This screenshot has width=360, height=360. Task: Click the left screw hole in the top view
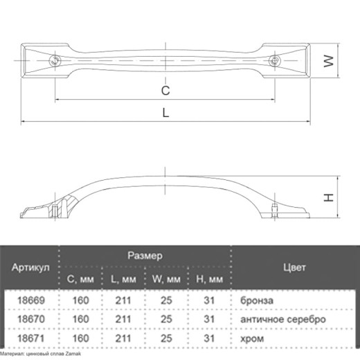55,61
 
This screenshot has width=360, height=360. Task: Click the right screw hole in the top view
275,61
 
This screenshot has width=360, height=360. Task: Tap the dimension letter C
165,91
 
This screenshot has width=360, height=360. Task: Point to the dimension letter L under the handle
165,113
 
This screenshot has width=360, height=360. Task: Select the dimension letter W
329,61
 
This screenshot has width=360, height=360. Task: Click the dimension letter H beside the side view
329,198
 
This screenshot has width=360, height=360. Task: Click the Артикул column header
30,267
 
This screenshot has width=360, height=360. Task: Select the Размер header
145,255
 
